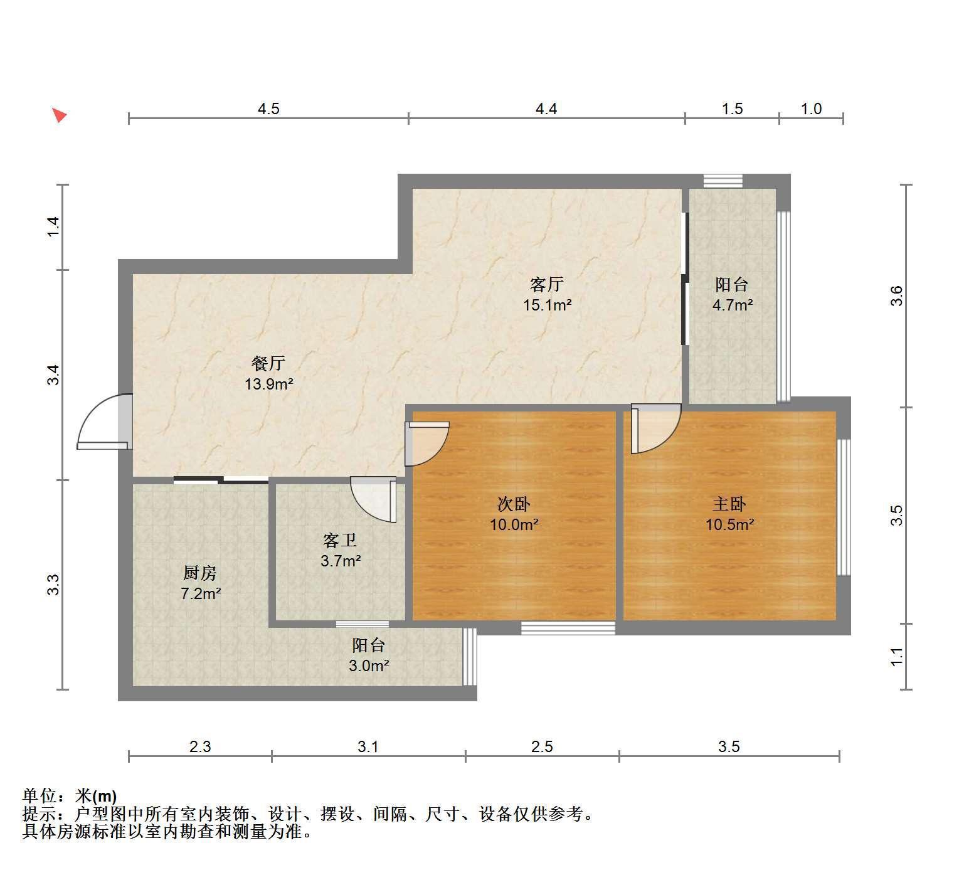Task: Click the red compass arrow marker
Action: coord(60,115)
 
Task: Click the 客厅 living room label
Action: coord(546,285)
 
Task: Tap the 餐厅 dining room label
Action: coord(268,363)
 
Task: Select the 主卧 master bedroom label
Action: coord(729,504)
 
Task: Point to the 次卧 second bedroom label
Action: coord(514,504)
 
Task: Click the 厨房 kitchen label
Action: coord(200,573)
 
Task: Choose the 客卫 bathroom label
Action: coord(340,540)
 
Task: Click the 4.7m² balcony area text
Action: coord(733,305)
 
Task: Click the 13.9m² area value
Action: coord(269,384)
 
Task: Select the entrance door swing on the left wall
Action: coord(103,422)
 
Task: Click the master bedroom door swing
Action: coord(656,428)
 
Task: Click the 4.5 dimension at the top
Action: coord(268,109)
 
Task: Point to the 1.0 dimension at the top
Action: coord(811,109)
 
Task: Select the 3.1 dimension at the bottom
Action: coord(368,746)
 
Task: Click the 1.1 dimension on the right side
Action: coord(897,657)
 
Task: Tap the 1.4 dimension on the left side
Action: coord(54,226)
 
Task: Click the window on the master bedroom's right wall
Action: coord(844,507)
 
